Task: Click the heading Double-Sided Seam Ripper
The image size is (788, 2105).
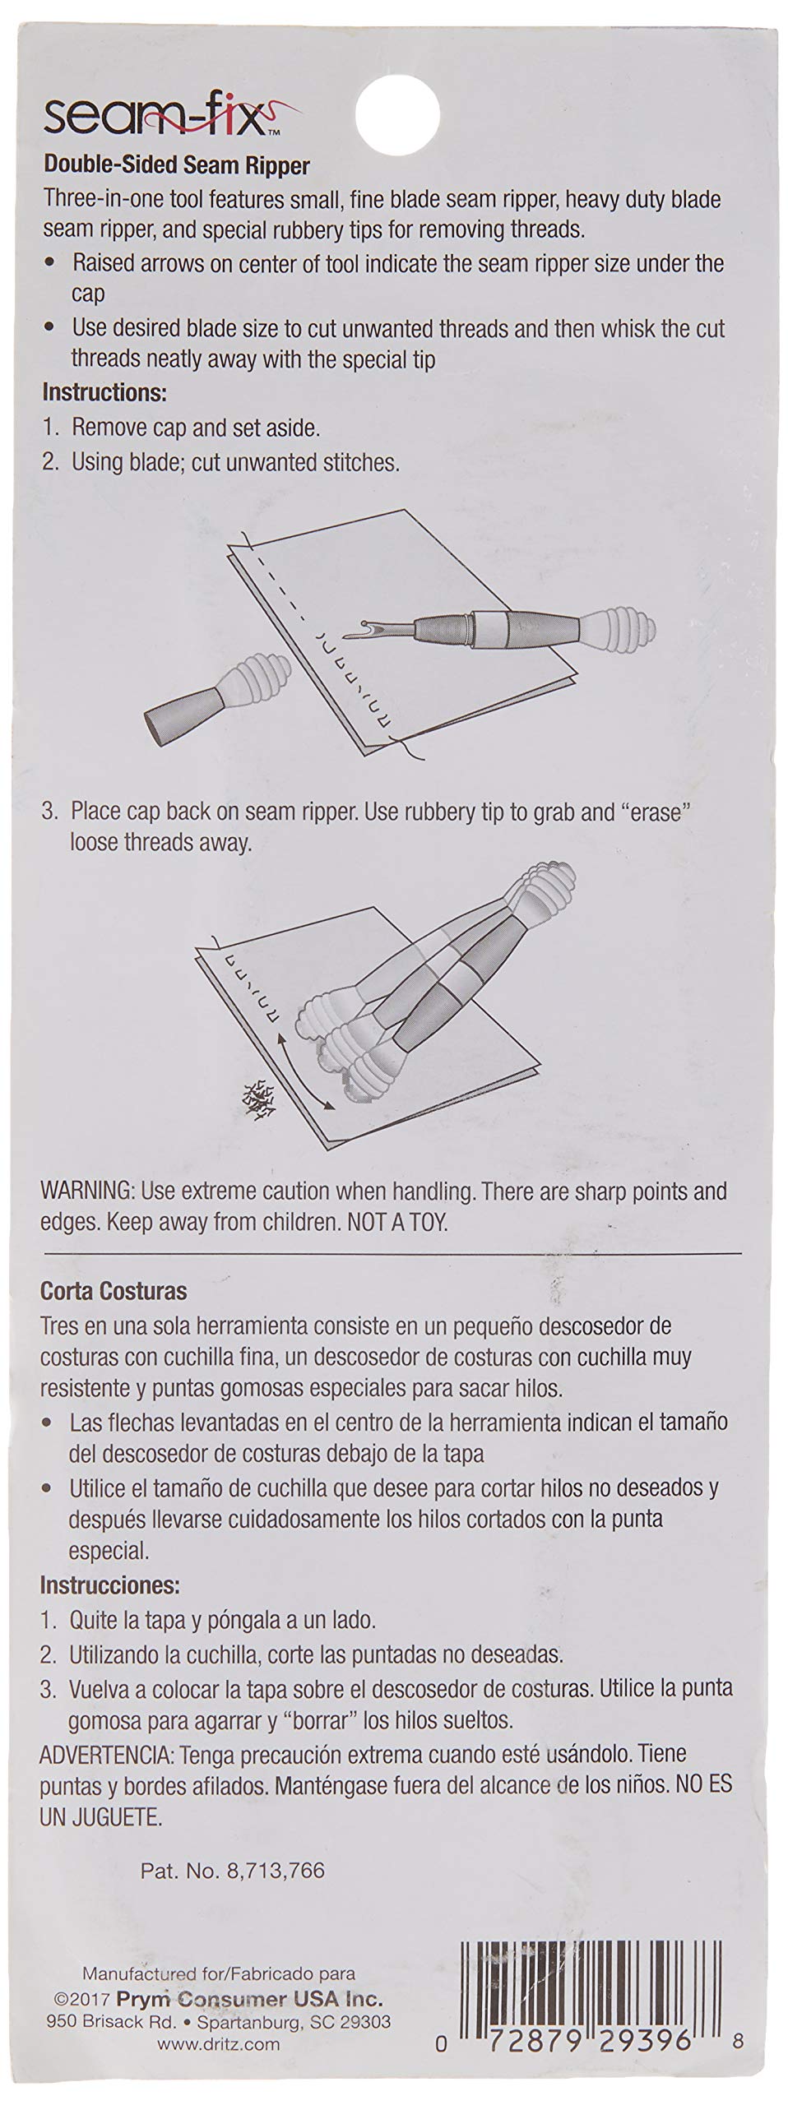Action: point(176,166)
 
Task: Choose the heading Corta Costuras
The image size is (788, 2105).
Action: point(114,1291)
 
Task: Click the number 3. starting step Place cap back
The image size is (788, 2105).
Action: point(51,812)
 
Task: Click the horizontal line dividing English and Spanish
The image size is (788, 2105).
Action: point(391,1253)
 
